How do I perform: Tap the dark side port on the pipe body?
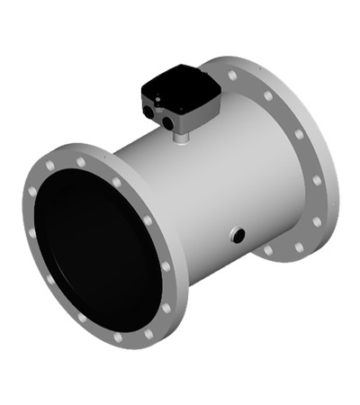(238, 236)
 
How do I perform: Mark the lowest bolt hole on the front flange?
(117, 337)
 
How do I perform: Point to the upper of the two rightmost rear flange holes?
(316, 180)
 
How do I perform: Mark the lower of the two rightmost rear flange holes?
(317, 220)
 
